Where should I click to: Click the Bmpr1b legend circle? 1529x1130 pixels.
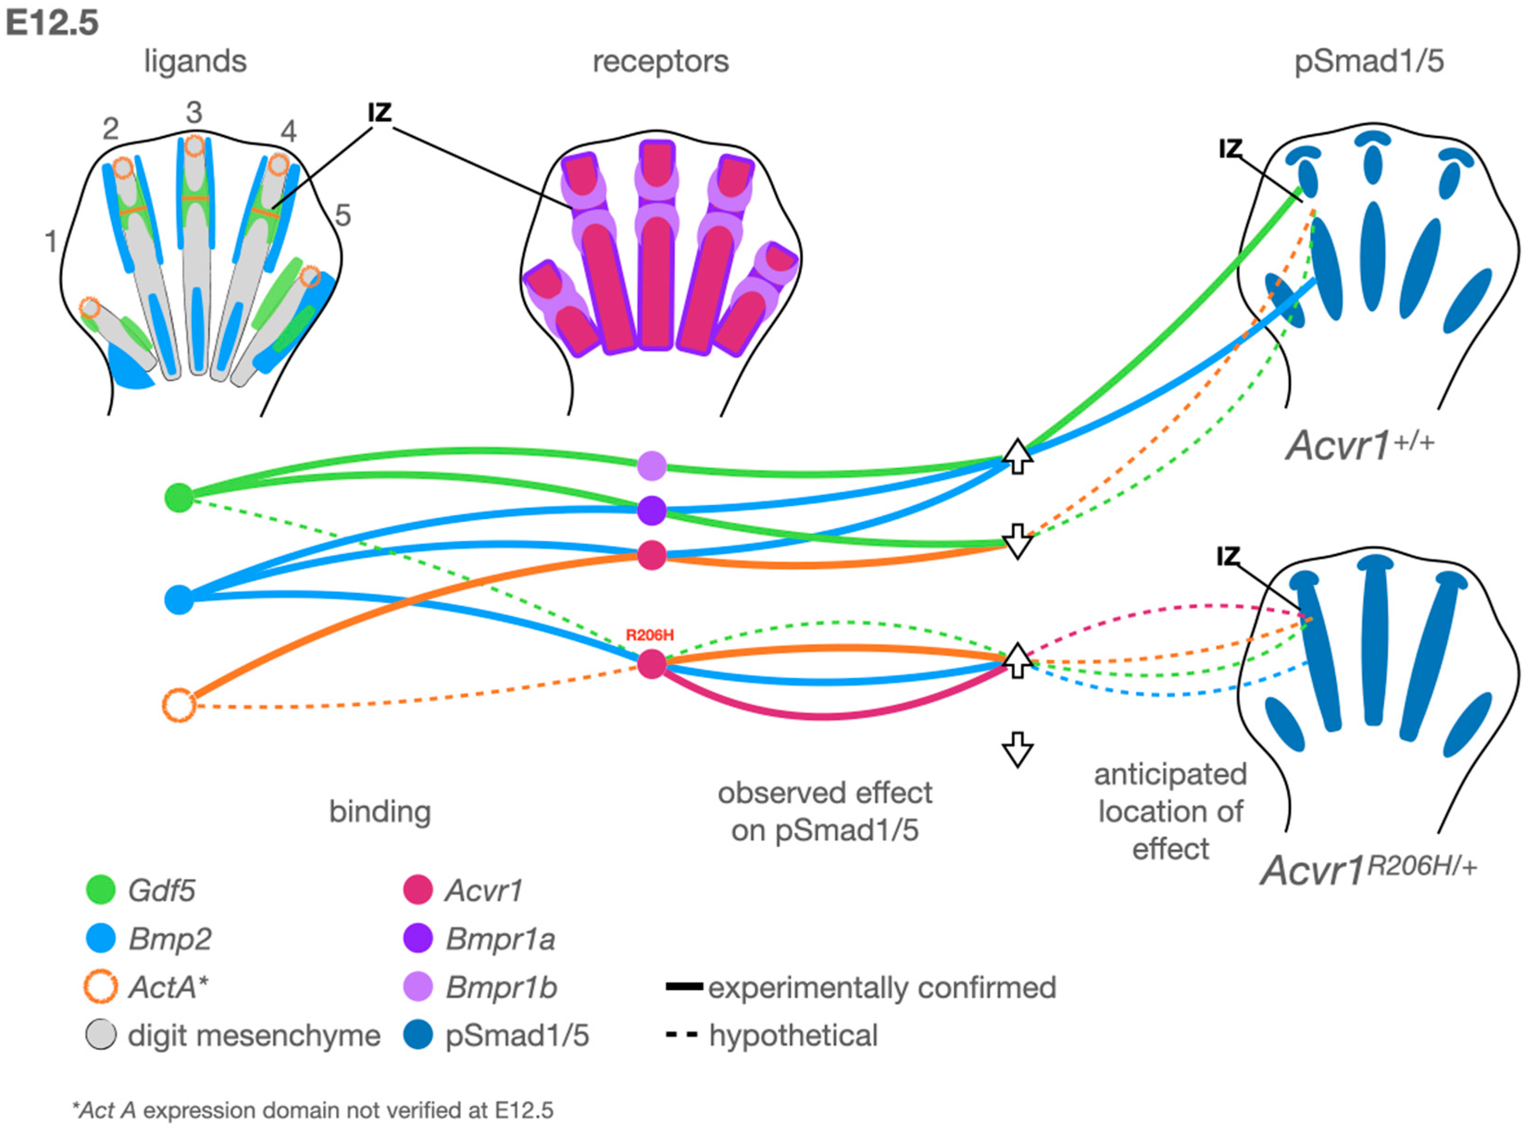pos(418,986)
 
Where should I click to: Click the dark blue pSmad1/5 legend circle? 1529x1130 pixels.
pos(418,1035)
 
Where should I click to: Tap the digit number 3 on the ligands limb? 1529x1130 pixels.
pos(194,112)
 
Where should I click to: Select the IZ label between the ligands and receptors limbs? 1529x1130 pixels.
pos(380,113)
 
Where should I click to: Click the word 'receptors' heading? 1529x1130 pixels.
pos(661,62)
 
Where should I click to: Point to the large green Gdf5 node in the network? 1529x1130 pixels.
pos(179,497)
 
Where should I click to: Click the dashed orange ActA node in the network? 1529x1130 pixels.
pos(179,705)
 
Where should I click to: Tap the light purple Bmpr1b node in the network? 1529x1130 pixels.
pos(652,466)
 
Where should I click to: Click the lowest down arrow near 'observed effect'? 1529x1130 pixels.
pos(1017,750)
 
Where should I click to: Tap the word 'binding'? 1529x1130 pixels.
pos(380,812)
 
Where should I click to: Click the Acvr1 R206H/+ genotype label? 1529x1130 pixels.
pos(1367,870)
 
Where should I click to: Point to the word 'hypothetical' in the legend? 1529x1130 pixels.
pos(793,1035)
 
